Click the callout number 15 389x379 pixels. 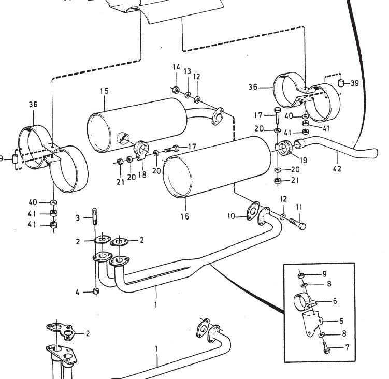pyautogui.click(x=104, y=91)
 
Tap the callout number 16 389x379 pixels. pyautogui.click(x=185, y=216)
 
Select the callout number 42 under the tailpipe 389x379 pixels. pyautogui.click(x=337, y=169)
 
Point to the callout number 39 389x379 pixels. pyautogui.click(x=354, y=83)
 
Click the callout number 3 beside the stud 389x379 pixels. pyautogui.click(x=78, y=218)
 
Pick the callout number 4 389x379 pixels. pyautogui.click(x=77, y=292)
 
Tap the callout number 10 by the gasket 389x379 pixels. pyautogui.click(x=231, y=216)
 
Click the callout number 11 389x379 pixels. pyautogui.click(x=299, y=207)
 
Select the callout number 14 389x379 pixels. pyautogui.click(x=176, y=67)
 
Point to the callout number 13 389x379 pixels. pyautogui.click(x=188, y=71)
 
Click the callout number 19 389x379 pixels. pyautogui.click(x=304, y=160)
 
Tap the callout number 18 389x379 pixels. pyautogui.click(x=142, y=175)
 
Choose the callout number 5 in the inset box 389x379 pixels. pyautogui.click(x=341, y=321)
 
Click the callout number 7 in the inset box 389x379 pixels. pyautogui.click(x=347, y=347)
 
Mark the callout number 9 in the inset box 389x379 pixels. pyautogui.click(x=324, y=274)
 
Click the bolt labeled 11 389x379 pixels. pyautogui.click(x=297, y=223)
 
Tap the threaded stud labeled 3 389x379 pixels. pyautogui.click(x=95, y=216)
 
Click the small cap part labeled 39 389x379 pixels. pyautogui.click(x=341, y=83)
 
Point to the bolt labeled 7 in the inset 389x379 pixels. pyautogui.click(x=326, y=348)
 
